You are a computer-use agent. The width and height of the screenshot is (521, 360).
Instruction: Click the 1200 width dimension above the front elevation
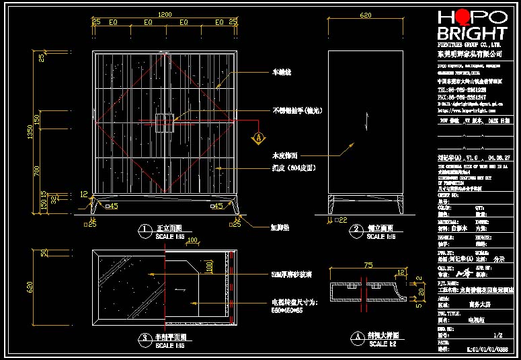pyautogui.click(x=165, y=14)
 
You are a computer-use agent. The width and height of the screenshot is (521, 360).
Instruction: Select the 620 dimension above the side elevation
pyautogui.click(x=366, y=14)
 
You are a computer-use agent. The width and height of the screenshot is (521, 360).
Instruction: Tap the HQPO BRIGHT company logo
pyautogui.click(x=471, y=26)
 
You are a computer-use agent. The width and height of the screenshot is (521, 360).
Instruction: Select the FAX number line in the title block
pyautogui.click(x=463, y=97)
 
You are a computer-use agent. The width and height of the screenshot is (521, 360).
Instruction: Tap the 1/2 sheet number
pyautogui.click(x=498, y=334)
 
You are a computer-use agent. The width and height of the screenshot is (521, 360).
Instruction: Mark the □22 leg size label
pyautogui.click(x=341, y=220)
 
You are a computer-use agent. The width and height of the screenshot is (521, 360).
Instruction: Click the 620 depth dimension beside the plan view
pyautogui.click(x=30, y=287)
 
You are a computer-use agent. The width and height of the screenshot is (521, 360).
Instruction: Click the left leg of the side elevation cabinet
pyautogui.click(x=331, y=205)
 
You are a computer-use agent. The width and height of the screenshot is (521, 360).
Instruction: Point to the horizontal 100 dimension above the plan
pyautogui.click(x=193, y=240)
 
